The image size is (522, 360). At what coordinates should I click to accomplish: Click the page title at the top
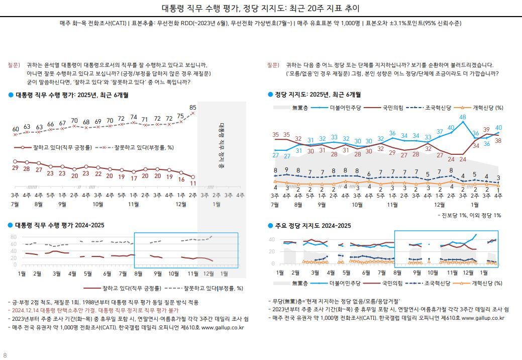260,9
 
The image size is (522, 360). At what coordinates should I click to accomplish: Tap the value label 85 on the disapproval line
193,107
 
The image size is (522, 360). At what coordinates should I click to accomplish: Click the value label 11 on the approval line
193,184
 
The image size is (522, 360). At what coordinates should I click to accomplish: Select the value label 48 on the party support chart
463,117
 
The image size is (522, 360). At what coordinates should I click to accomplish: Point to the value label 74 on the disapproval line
134,117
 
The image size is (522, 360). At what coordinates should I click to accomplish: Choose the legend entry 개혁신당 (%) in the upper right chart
488,108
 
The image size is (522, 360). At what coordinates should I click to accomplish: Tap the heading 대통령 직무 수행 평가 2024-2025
59,225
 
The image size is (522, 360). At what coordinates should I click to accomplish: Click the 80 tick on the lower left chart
14,236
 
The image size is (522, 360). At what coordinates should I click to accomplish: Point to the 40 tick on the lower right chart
272,239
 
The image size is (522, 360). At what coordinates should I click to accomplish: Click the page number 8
5,355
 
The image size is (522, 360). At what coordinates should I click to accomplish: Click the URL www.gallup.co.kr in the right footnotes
483,318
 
